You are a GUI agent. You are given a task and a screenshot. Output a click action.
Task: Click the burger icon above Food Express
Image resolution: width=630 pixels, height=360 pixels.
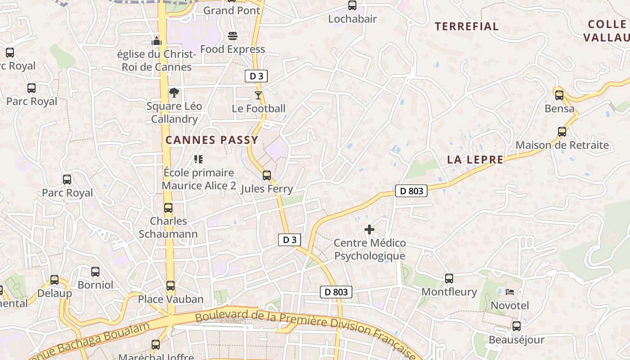click(233, 36)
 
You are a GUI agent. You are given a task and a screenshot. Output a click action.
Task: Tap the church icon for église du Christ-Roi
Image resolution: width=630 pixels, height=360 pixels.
click(156, 41)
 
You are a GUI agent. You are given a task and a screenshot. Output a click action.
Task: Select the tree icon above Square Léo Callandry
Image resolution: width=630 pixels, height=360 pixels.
click(174, 93)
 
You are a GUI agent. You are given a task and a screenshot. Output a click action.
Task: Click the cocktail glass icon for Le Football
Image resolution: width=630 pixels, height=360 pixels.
click(258, 95)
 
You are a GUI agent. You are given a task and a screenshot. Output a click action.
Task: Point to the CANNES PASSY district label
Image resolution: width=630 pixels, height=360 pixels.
click(211, 140)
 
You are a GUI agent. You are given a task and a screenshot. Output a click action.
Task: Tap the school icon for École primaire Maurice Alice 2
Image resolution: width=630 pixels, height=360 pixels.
click(198, 159)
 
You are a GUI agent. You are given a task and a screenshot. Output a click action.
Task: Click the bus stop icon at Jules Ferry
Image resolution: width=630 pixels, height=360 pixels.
click(267, 175)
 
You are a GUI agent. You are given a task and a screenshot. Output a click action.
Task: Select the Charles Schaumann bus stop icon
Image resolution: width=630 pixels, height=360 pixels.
click(168, 207)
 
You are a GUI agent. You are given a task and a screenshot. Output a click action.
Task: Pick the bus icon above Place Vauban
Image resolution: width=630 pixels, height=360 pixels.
click(171, 285)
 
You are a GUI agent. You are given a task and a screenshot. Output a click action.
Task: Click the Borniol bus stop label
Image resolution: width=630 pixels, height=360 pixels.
click(95, 285)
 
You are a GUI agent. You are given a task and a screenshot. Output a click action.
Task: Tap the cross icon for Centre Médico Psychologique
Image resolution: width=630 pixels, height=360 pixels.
click(369, 229)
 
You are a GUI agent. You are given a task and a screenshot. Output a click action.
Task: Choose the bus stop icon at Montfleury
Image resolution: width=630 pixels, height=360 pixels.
click(449, 278)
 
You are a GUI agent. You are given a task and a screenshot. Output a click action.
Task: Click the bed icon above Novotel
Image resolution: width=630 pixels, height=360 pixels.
click(510, 292)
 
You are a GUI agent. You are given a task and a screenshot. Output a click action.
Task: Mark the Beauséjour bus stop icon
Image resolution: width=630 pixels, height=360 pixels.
click(517, 326)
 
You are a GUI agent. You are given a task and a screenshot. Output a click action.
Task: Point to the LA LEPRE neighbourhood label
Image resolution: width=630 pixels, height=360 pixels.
click(475, 160)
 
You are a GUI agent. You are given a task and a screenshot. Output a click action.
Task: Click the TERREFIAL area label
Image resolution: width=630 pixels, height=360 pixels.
click(467, 27)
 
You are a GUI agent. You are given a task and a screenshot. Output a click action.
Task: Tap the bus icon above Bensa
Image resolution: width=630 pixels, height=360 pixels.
click(559, 95)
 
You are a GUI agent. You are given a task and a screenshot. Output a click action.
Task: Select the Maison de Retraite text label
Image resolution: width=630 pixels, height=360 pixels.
click(562, 145)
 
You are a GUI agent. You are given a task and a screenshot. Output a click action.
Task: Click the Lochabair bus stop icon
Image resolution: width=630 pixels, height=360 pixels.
click(352, 5)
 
